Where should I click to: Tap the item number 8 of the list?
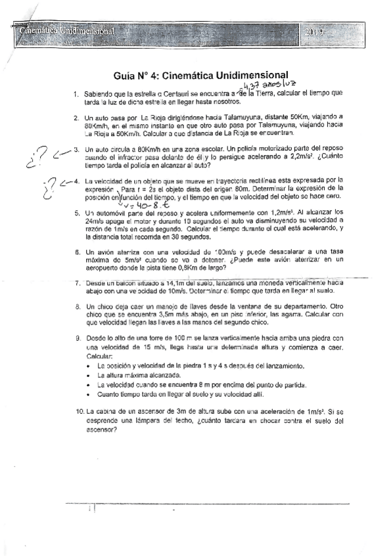[76, 306]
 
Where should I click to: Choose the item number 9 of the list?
[76, 337]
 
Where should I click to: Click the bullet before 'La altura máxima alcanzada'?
[89, 373]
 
